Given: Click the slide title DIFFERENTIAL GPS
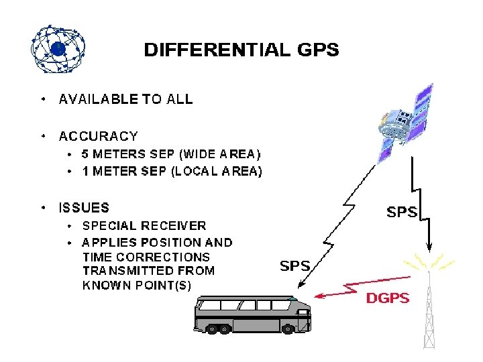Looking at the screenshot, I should pos(241,50).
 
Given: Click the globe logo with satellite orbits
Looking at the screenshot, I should pos(58,49).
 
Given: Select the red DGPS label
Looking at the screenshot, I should pos(387,298).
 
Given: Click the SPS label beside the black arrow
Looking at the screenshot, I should pos(402,213).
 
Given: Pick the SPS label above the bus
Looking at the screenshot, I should pos(294,265).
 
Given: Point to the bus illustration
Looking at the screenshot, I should pos(252,314).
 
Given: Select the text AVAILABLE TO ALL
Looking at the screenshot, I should pos(126,99).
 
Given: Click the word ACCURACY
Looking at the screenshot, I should pos(99,136).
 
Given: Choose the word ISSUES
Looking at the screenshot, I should pos(84,208).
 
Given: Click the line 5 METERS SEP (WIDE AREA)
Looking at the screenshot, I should pos(171,154).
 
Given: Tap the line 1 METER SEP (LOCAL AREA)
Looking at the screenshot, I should pos(172,171).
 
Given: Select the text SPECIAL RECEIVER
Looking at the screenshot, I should pos(144,226).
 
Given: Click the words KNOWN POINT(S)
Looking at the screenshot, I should pos(137,285).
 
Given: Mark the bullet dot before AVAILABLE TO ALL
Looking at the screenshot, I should pos(43,99).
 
